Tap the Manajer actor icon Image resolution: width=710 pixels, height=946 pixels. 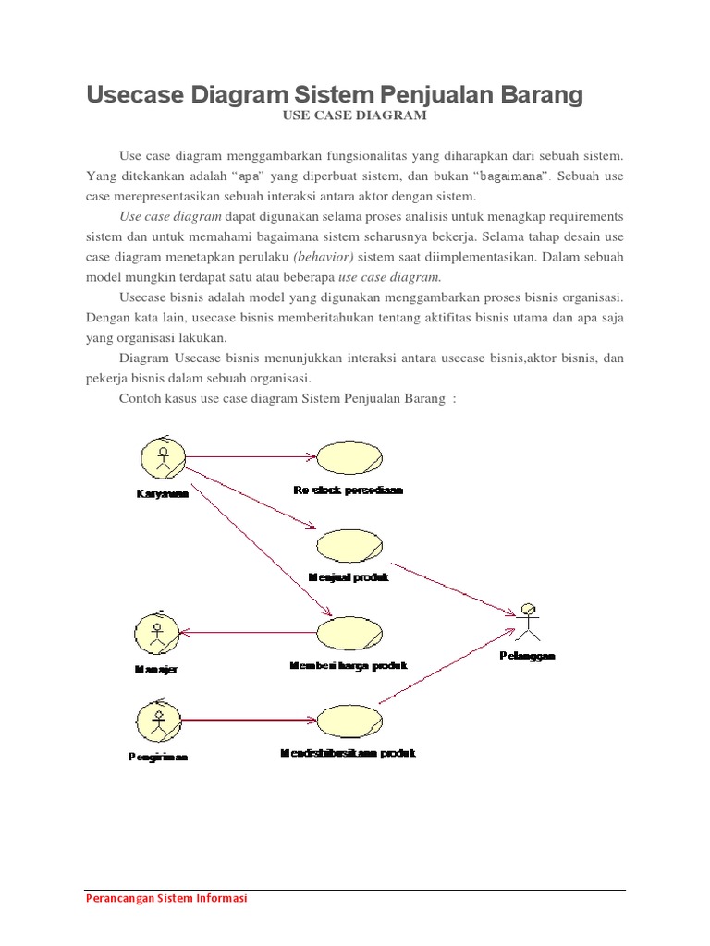[158, 633]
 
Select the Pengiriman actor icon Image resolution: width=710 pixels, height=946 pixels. [158, 720]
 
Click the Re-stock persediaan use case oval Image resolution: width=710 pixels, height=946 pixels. [349, 457]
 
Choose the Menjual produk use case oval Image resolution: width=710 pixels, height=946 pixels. [349, 545]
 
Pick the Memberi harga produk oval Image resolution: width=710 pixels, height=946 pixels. [349, 634]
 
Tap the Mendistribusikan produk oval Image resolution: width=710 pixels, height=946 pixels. [349, 721]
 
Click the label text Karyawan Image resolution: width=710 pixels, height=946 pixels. [157, 494]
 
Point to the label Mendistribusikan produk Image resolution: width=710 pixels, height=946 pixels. [348, 753]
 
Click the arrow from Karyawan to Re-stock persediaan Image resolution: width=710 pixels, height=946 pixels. [250, 456]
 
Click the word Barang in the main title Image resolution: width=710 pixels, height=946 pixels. [541, 95]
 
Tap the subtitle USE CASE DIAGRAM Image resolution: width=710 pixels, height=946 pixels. [354, 116]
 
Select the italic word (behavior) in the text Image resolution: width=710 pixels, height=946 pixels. [324, 256]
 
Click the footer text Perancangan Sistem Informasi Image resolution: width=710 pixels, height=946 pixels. [166, 898]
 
